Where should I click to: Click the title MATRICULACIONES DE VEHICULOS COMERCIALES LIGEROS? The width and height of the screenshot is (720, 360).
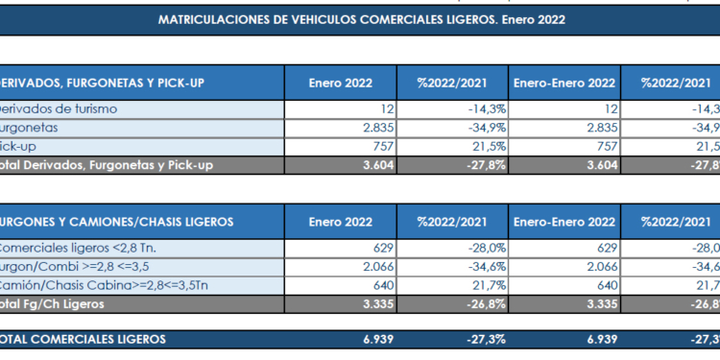pyautogui.click(x=361, y=18)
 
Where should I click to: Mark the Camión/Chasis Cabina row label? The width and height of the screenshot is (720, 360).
pyautogui.click(x=105, y=285)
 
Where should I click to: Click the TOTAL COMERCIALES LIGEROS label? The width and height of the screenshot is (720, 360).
pyautogui.click(x=83, y=339)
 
